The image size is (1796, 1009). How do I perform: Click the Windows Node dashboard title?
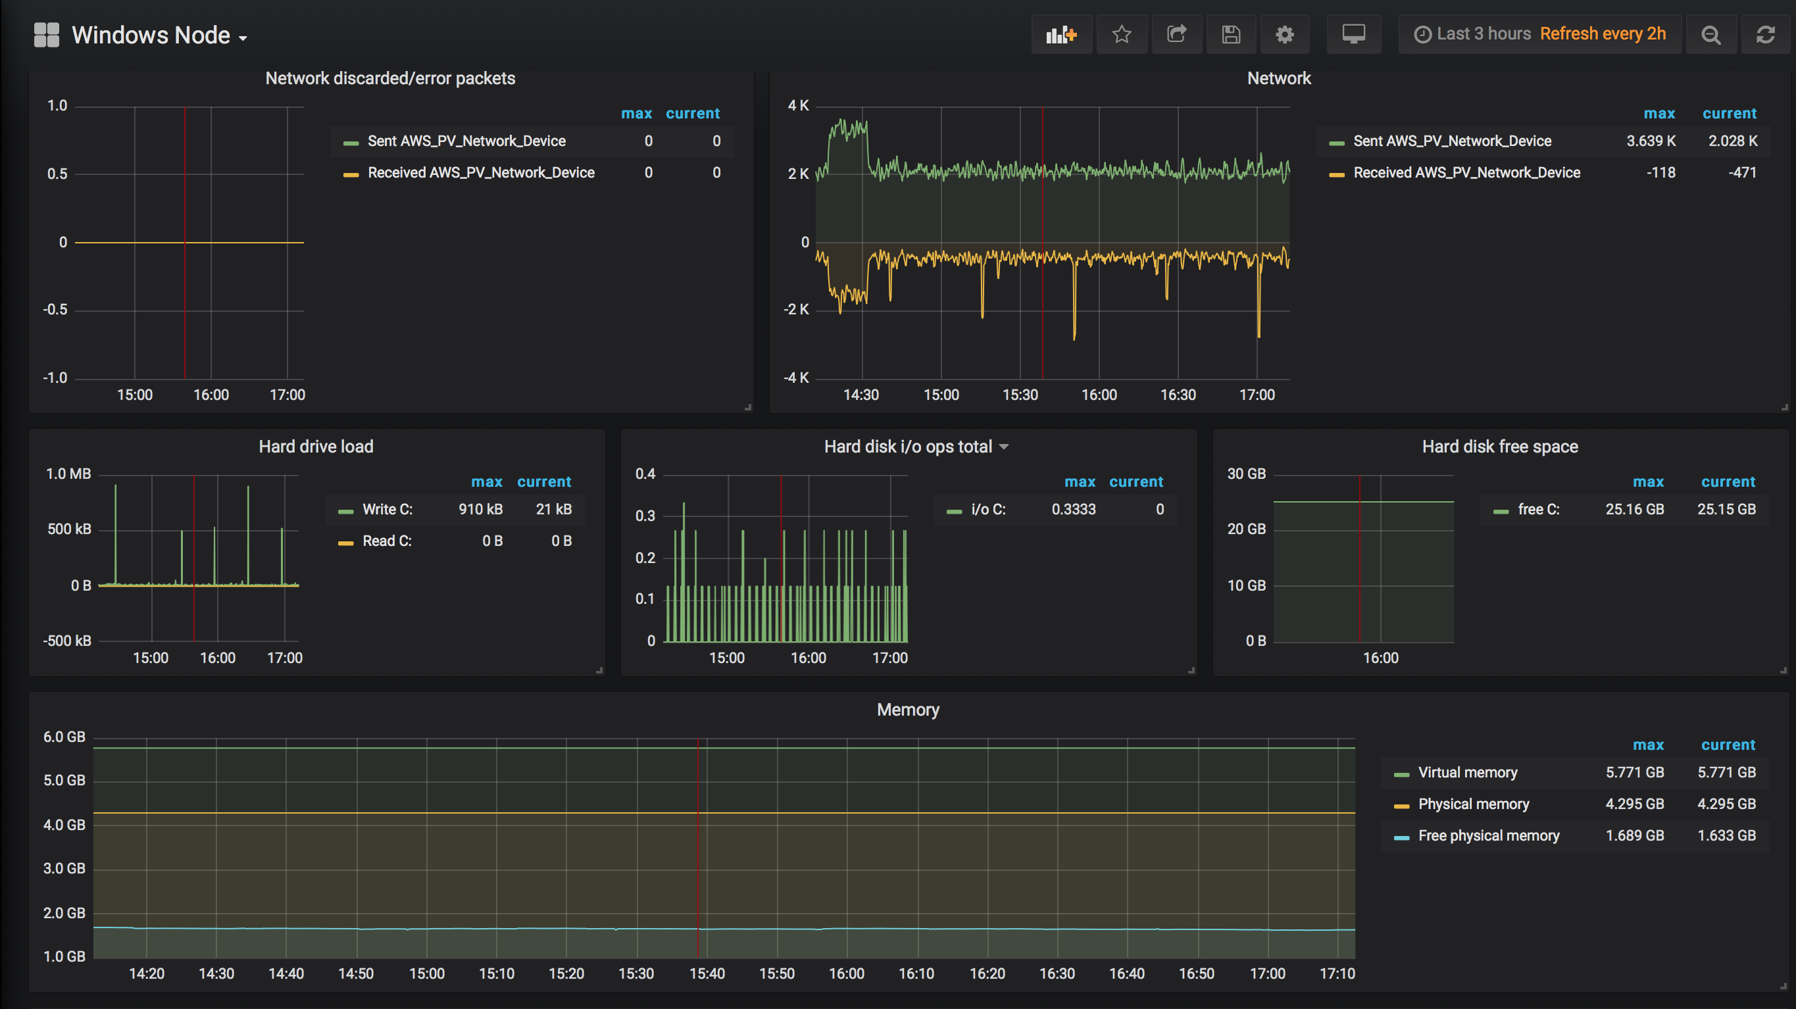coord(151,35)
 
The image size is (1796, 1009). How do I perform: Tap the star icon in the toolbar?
coord(1121,34)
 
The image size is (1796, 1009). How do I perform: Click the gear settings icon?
coord(1284,34)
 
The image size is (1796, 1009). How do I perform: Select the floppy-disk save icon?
coord(1231,34)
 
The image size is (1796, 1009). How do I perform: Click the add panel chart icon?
coord(1061,34)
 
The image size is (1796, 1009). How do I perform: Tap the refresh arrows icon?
coord(1764,34)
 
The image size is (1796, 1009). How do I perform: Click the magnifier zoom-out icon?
coord(1710,34)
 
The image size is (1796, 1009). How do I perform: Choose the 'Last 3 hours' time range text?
coord(1484,34)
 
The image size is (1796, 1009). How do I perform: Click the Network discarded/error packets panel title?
coord(389,78)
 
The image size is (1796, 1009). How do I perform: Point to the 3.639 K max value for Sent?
coord(1651,141)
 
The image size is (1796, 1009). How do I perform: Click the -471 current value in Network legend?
coord(1741,172)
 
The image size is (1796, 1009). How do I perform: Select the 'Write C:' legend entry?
coord(387,509)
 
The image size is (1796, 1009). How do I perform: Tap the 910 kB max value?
coord(480,509)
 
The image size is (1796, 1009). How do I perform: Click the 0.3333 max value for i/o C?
coord(1073,509)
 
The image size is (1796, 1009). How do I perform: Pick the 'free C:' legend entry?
coord(1538,509)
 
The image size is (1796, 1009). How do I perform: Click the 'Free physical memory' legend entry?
coord(1489,835)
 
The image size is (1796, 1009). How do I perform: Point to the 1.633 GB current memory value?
coord(1726,835)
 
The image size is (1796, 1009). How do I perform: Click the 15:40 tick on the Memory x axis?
coord(707,973)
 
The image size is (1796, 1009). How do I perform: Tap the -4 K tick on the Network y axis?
coord(796,378)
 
